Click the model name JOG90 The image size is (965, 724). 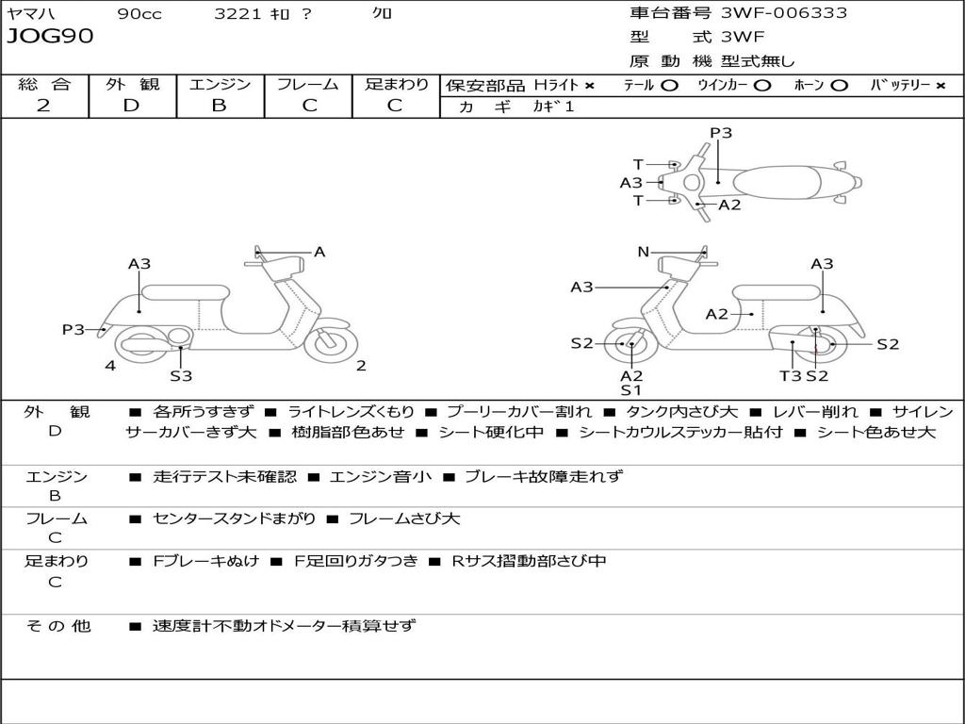tap(50, 37)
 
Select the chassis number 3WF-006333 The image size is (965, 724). tap(784, 13)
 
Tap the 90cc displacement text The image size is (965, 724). tap(139, 14)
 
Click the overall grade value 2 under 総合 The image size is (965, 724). tap(43, 106)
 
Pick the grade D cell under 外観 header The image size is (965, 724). tap(131, 106)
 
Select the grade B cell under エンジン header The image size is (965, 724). tap(219, 106)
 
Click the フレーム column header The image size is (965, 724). tap(307, 84)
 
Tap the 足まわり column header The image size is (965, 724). tap(397, 84)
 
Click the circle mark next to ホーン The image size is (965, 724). tap(840, 85)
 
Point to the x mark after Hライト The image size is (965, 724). tap(590, 85)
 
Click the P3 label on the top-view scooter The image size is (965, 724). tap(721, 133)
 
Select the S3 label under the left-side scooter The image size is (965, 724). tap(181, 376)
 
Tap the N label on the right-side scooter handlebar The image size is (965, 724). tap(644, 252)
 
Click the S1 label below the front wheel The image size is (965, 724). tap(630, 390)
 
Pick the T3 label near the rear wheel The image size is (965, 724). tap(790, 375)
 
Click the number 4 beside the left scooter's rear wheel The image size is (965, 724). tap(110, 366)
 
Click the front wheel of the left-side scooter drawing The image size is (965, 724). tap(332, 341)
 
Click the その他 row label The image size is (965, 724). tap(57, 626)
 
